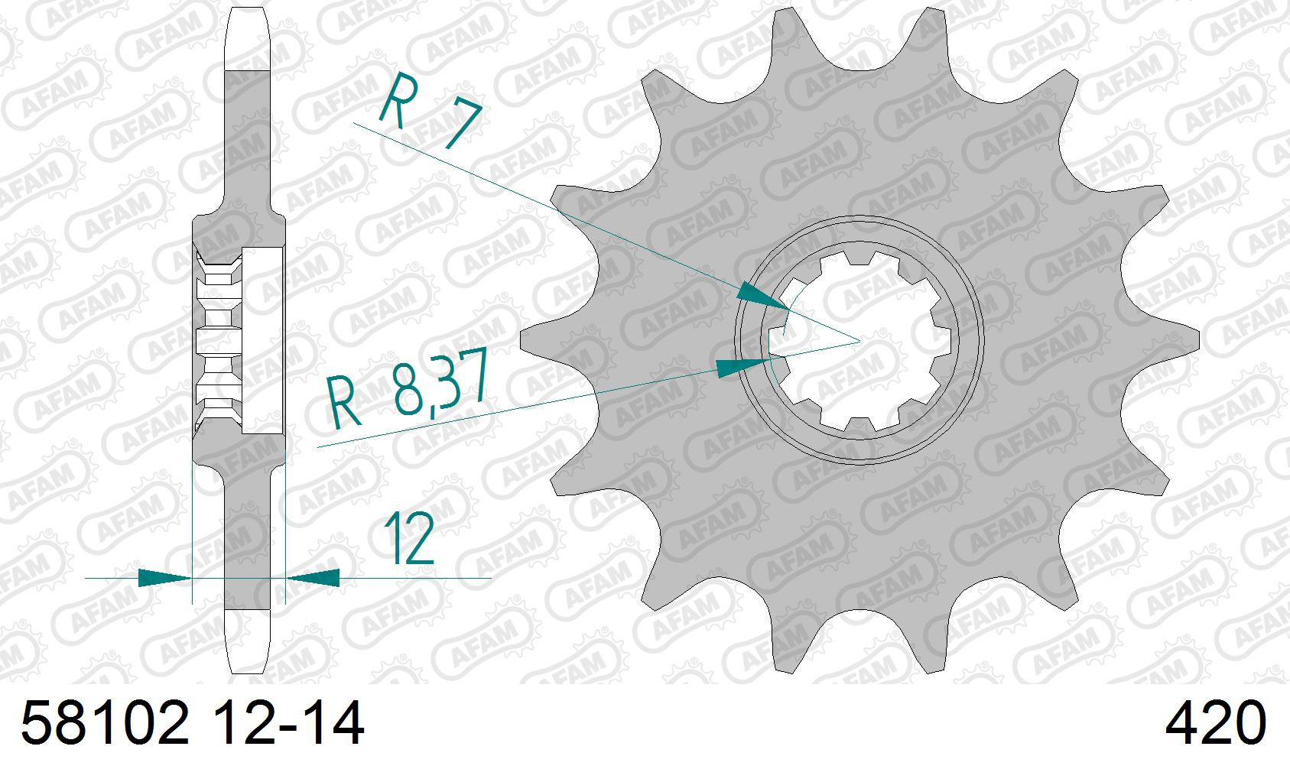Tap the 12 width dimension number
[x=408, y=539]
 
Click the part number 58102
[x=106, y=723]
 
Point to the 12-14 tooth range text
[x=288, y=723]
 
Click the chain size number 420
[x=1216, y=723]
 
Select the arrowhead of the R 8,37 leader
[x=742, y=366]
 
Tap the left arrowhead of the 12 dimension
[x=165, y=577]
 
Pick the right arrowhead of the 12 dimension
[x=313, y=577]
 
